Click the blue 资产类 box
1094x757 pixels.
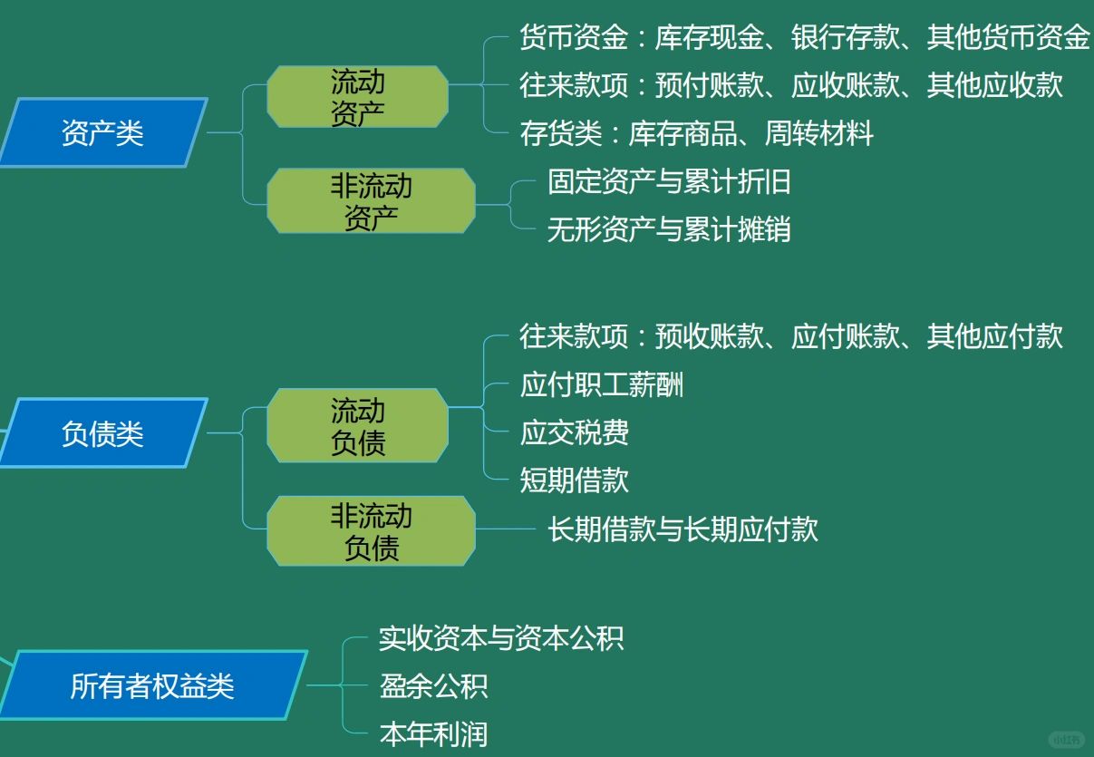103,133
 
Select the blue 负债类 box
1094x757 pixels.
103,433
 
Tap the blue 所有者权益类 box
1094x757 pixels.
152,684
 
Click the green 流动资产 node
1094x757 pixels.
357,97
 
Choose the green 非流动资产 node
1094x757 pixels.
372,200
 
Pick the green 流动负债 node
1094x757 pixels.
357,425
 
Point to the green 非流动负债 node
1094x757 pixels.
372,531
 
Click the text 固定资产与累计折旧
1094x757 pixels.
669,181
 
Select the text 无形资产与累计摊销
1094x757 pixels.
669,229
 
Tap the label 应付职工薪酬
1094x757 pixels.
602,384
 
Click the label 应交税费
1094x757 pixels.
575,432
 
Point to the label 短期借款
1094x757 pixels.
575,480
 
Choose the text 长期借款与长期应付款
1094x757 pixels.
683,529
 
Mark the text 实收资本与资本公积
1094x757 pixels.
501,638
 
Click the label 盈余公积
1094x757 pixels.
433,685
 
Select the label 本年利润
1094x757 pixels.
433,733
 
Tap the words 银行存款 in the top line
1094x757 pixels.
846,36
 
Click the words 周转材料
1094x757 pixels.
819,133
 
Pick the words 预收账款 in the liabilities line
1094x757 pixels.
710,336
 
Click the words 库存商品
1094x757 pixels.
683,133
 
